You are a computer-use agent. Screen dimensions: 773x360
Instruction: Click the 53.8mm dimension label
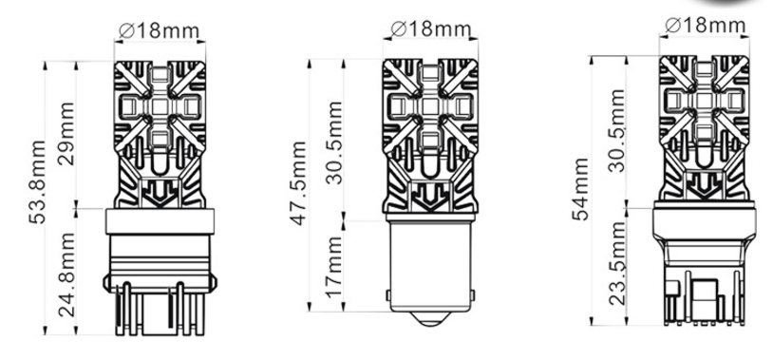pyautogui.click(x=37, y=182)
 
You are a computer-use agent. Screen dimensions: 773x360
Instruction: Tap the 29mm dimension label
pyautogui.click(x=66, y=134)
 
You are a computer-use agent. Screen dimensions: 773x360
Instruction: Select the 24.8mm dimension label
pyautogui.click(x=66, y=275)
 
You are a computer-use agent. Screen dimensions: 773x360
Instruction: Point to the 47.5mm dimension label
pyautogui.click(x=298, y=183)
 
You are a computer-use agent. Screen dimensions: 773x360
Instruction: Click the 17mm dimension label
pyautogui.click(x=333, y=267)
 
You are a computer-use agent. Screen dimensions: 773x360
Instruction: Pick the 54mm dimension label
pyautogui.click(x=581, y=189)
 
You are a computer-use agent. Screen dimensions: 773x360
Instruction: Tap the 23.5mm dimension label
pyautogui.click(x=616, y=263)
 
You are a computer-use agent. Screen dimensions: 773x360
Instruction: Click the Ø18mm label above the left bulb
pyautogui.click(x=159, y=30)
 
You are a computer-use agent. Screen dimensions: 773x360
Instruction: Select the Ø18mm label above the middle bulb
pyautogui.click(x=430, y=28)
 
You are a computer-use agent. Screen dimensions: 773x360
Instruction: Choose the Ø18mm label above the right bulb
pyautogui.click(x=705, y=25)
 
